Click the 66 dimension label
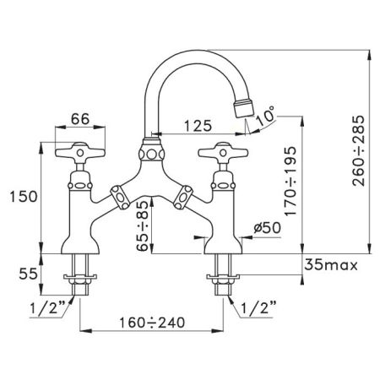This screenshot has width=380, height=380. click(x=80, y=119)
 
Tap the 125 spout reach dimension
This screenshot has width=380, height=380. click(x=198, y=126)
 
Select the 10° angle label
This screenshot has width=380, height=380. click(x=265, y=116)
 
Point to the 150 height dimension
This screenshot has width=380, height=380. click(x=24, y=196)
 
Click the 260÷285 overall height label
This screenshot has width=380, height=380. click(x=358, y=150)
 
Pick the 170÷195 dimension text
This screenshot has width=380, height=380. click(x=290, y=181)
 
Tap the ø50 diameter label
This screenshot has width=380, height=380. click(x=267, y=227)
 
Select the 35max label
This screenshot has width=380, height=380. click(x=331, y=264)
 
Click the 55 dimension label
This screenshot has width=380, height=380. click(x=28, y=274)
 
